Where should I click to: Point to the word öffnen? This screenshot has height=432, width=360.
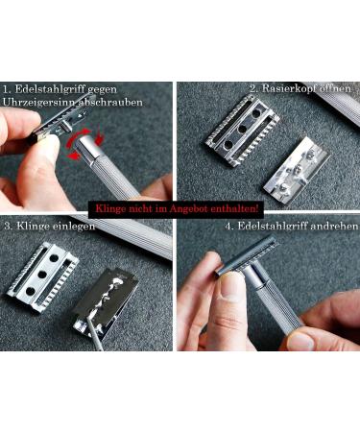click(x=335, y=89)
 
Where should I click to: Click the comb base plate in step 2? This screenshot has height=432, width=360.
click(x=241, y=139)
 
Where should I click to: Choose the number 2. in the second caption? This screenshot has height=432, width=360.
click(x=254, y=89)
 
